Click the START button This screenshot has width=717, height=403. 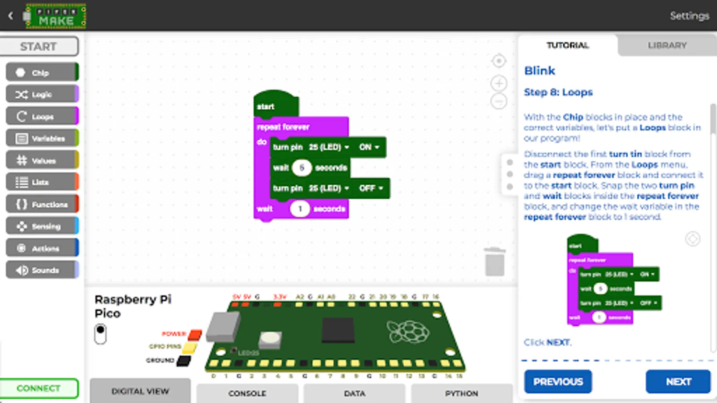39,47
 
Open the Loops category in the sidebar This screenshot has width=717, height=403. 42,116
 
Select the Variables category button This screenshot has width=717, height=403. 42,138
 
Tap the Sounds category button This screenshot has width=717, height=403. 42,270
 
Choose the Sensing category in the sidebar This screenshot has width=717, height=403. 42,226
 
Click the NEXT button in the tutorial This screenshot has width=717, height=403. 678,382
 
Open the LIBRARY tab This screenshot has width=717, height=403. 667,45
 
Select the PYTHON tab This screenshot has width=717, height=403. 461,393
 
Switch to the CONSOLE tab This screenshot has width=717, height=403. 247,393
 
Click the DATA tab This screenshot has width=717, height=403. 354,393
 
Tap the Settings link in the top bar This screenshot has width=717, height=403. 689,16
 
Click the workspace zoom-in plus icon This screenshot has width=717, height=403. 499,83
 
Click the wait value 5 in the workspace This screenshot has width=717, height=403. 302,168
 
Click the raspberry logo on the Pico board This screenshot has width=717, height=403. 408,331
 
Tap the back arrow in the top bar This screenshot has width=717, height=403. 11,16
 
